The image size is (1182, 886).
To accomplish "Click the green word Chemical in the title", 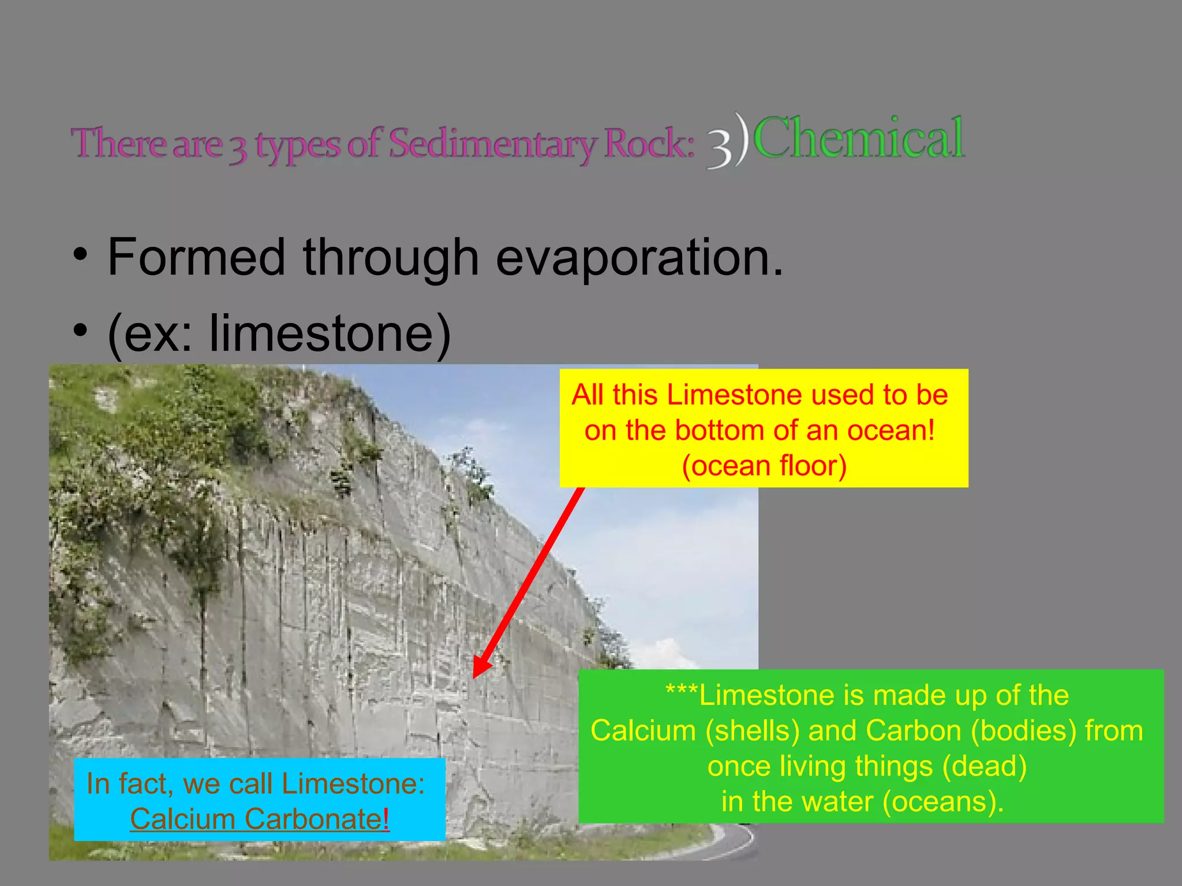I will click(x=859, y=138).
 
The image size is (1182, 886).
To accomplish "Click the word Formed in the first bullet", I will click(x=196, y=257).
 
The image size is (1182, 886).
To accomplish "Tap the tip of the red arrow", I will click(x=475, y=676).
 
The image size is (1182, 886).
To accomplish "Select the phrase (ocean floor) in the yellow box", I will click(x=764, y=466).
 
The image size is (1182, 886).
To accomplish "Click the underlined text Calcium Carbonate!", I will click(x=260, y=819).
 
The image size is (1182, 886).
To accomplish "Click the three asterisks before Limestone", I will click(x=681, y=692).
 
